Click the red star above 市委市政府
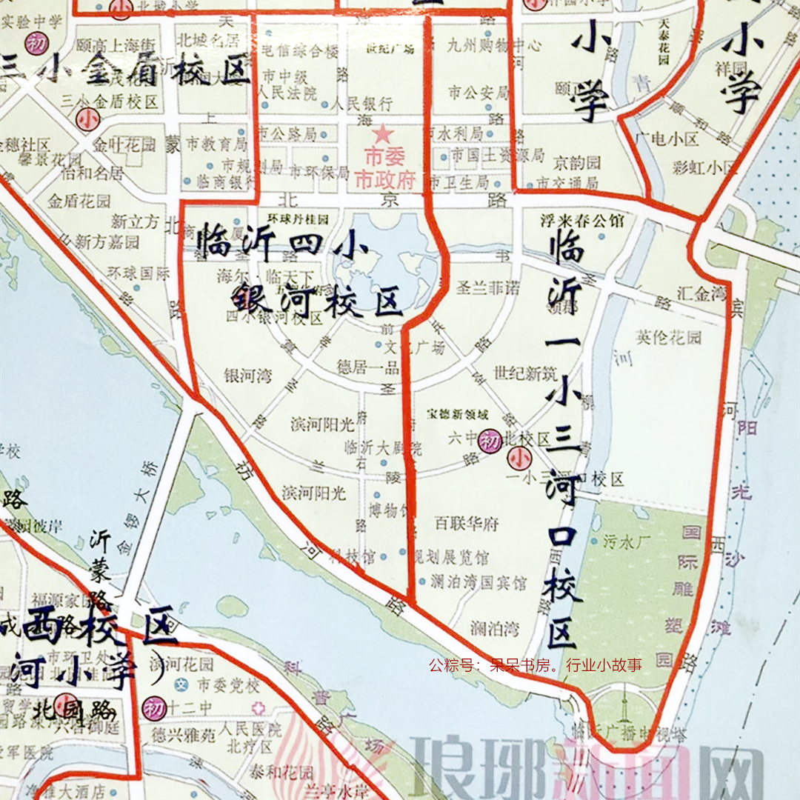(383, 134)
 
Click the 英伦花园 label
(668, 338)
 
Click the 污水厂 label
(627, 541)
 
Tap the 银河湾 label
(247, 376)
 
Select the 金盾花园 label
(79, 201)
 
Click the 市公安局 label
(479, 93)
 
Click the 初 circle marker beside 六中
(490, 440)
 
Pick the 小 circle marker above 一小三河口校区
(518, 457)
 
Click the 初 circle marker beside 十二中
(154, 705)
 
